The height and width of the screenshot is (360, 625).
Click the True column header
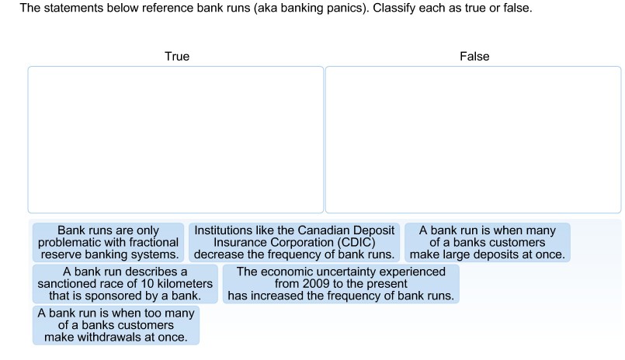pyautogui.click(x=177, y=56)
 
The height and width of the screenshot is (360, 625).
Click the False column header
pyautogui.click(x=474, y=56)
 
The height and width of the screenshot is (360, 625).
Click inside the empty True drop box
pyautogui.click(x=175, y=140)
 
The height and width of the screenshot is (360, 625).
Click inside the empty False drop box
pyautogui.click(x=473, y=140)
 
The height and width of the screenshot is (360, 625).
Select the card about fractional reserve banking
pyautogui.click(x=108, y=242)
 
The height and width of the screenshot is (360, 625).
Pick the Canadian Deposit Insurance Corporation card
pyautogui.click(x=294, y=242)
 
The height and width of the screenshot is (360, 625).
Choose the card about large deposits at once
pyautogui.click(x=488, y=242)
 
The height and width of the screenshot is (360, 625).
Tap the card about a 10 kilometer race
pyautogui.click(x=125, y=284)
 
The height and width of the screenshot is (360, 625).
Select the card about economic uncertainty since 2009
pyautogui.click(x=341, y=284)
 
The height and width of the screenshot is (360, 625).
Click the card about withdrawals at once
pyautogui.click(x=116, y=325)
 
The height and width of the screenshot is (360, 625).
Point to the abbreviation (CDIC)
pyautogui.click(x=356, y=242)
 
